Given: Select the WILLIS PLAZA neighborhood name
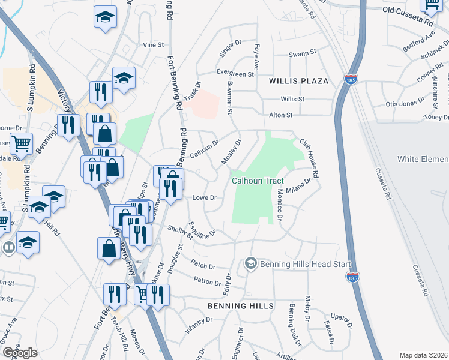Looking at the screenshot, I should [x=298, y=80].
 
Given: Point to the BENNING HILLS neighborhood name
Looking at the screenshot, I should [x=240, y=306].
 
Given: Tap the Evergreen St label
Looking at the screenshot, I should [x=235, y=74].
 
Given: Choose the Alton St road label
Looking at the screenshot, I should [x=280, y=115].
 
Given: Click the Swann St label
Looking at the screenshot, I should [x=302, y=54].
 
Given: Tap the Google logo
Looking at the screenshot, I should [x=20, y=352].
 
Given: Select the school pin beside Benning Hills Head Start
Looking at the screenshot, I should [x=251, y=263].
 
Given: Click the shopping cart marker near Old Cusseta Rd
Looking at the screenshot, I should [x=432, y=5].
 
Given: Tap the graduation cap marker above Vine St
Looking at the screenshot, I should [x=105, y=17].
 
